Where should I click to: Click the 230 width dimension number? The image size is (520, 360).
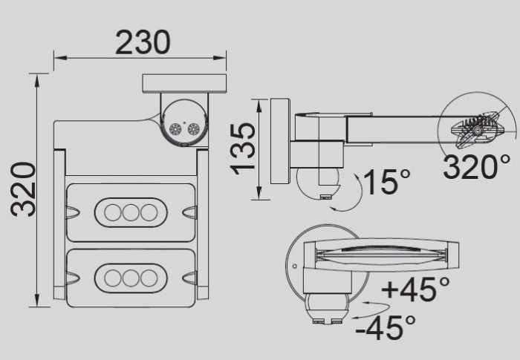click(142, 43)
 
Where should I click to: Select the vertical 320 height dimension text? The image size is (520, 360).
click(24, 189)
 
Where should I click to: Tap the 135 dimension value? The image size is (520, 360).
click(243, 148)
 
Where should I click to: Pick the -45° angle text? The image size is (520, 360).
click(386, 327)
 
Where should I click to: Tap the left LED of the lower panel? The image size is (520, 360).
click(113, 278)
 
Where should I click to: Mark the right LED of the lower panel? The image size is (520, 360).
click(149, 278)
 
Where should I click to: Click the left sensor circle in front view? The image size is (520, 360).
click(175, 129)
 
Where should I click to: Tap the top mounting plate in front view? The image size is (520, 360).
click(184, 83)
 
